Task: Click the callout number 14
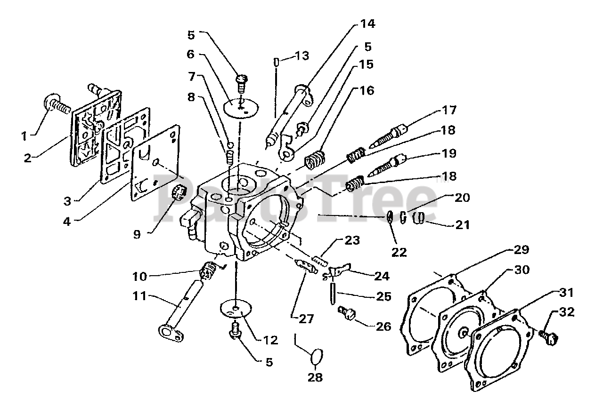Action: (x=368, y=24)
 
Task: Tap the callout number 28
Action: (x=315, y=378)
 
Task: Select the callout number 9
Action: (x=137, y=234)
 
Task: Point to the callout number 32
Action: (x=566, y=312)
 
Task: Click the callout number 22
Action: (x=399, y=252)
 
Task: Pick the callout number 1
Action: (x=24, y=136)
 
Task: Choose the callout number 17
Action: (x=449, y=110)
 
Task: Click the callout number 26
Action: (x=383, y=327)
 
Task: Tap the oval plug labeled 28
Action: (x=317, y=356)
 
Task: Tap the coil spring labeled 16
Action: (x=315, y=160)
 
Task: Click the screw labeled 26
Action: (x=347, y=313)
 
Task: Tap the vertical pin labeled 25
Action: (x=333, y=291)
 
